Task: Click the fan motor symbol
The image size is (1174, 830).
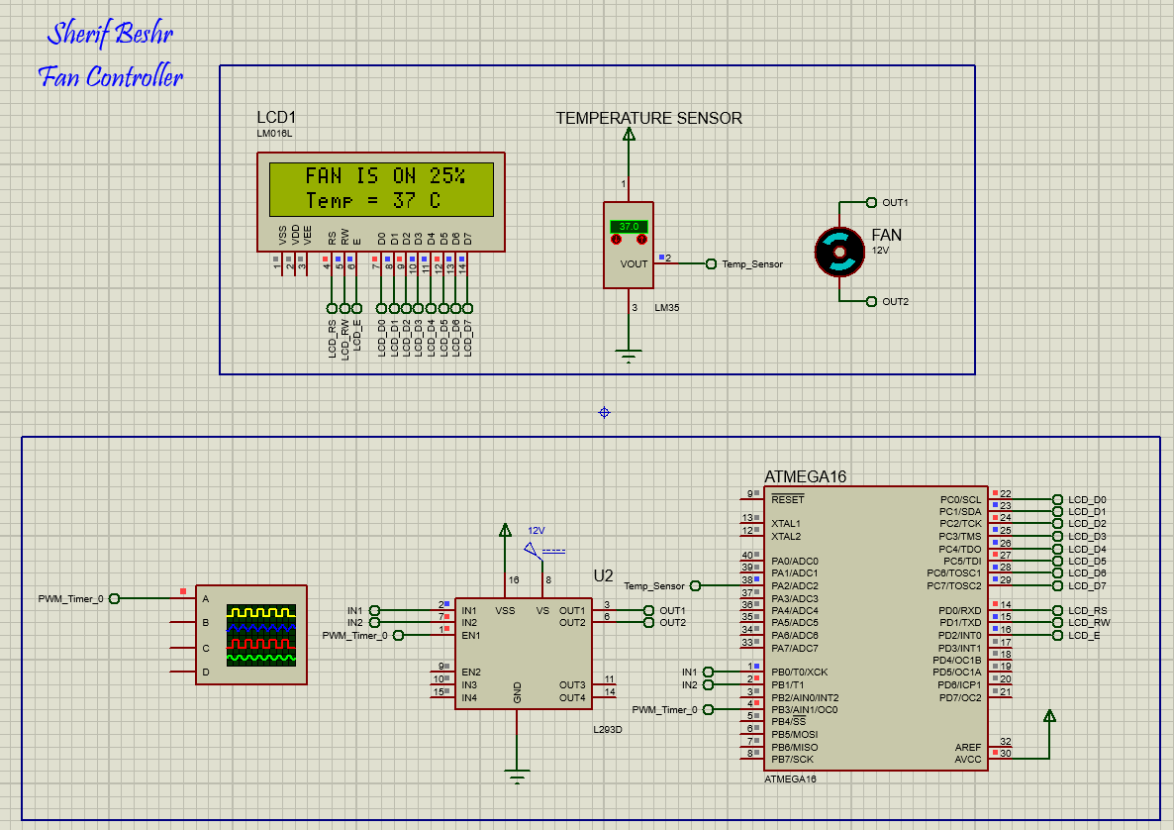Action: coord(839,251)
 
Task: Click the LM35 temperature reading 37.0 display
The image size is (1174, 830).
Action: coord(629,227)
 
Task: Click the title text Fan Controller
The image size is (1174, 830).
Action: coord(111,76)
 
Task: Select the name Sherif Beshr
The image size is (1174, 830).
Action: coord(110,35)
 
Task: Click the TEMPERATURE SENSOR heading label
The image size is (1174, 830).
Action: coord(648,118)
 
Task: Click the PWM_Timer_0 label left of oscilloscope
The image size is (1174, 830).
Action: coord(70,598)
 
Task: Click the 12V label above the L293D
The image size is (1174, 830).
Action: coord(537,530)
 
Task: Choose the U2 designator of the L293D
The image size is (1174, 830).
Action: coord(603,575)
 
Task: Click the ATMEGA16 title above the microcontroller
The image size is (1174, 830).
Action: coord(805,476)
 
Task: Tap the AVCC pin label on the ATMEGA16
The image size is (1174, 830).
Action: coord(967,759)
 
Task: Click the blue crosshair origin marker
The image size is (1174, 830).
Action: coord(604,412)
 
